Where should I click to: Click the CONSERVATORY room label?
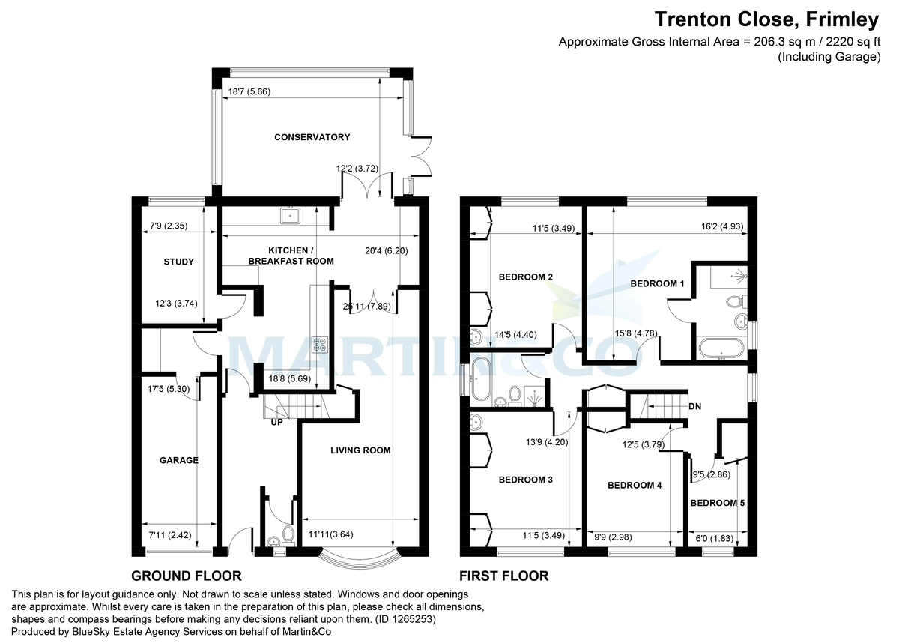312,137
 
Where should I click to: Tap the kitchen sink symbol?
290,216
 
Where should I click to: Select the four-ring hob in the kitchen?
320,345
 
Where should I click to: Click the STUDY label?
178,262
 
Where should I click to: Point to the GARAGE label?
179,460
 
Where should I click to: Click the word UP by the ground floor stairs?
277,423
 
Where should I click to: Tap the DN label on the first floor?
696,407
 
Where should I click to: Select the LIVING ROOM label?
361,450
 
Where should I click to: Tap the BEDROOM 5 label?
718,503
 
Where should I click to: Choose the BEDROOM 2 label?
525,277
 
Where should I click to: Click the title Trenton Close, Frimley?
767,17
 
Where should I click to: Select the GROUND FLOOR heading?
186,576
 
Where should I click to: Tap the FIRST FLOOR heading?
503,576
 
